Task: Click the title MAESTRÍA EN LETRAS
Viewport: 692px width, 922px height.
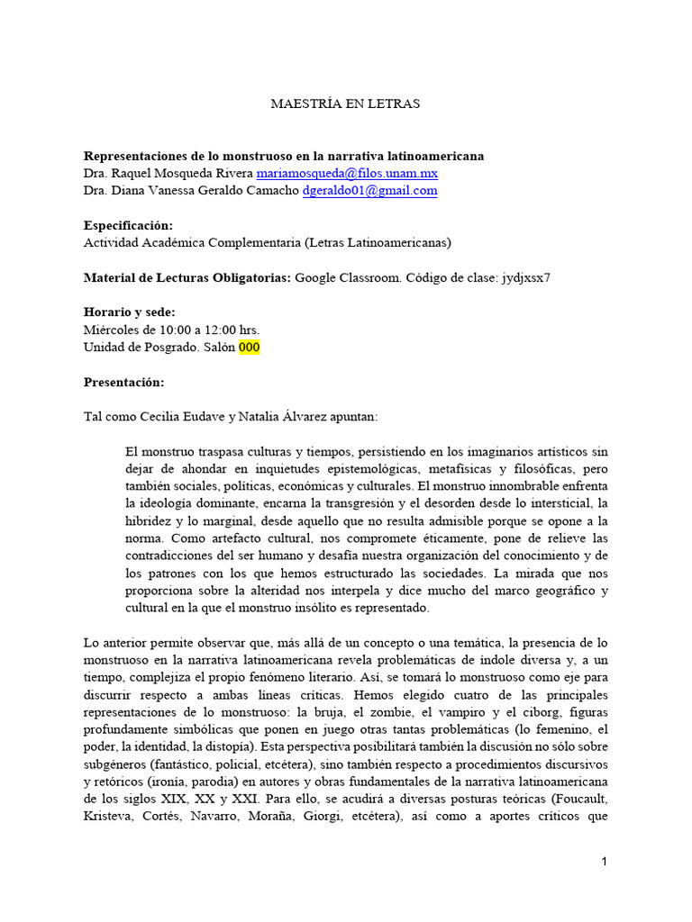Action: click(345, 104)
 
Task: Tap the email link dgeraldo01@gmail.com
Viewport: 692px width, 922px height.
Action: click(369, 190)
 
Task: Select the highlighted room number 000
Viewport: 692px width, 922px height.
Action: click(250, 347)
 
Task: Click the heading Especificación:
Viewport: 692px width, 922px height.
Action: click(128, 225)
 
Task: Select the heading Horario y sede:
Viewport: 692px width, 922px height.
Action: click(130, 312)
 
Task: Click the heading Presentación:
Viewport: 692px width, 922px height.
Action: click(124, 382)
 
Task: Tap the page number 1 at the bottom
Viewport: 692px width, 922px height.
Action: click(605, 862)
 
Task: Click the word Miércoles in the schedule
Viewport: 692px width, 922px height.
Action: click(112, 330)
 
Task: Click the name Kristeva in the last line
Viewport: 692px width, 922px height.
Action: click(108, 815)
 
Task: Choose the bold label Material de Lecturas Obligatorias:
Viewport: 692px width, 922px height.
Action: click(187, 277)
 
